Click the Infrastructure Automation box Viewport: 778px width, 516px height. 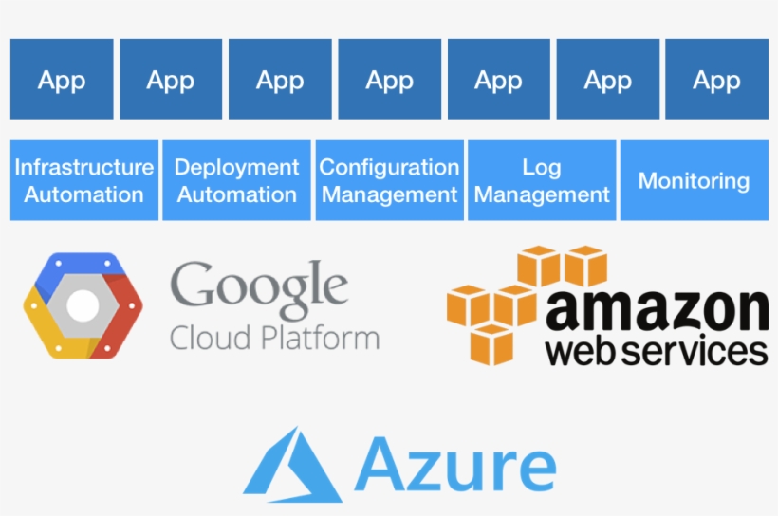[83, 180]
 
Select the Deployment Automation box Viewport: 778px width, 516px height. [236, 180]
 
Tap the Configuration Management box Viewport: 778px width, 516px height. [389, 180]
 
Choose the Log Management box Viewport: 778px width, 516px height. [542, 180]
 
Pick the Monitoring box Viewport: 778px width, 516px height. [694, 180]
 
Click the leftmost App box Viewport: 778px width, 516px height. [62, 80]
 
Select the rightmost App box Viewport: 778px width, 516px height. [716, 80]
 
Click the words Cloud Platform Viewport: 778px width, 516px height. [274, 338]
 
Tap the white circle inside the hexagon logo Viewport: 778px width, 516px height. [83, 304]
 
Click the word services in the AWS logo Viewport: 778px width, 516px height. [696, 350]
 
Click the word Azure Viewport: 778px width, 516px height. [455, 465]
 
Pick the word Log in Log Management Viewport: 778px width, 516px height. [542, 167]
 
